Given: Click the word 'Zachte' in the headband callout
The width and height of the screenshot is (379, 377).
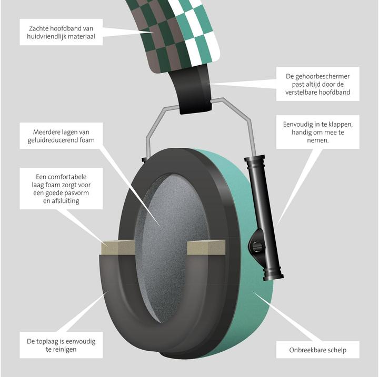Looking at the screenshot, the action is coord(38,28).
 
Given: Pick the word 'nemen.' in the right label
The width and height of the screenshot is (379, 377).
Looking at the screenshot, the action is coord(318,140).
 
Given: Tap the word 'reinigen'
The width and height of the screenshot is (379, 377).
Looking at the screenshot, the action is coord(64,350).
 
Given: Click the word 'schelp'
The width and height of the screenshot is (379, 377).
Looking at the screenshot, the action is coord(337,350).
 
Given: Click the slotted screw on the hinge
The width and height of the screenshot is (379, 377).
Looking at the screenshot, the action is coord(258,247).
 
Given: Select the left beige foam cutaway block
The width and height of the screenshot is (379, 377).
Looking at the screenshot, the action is coord(118,247).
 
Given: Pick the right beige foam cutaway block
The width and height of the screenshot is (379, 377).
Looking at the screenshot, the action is coord(206,247).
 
